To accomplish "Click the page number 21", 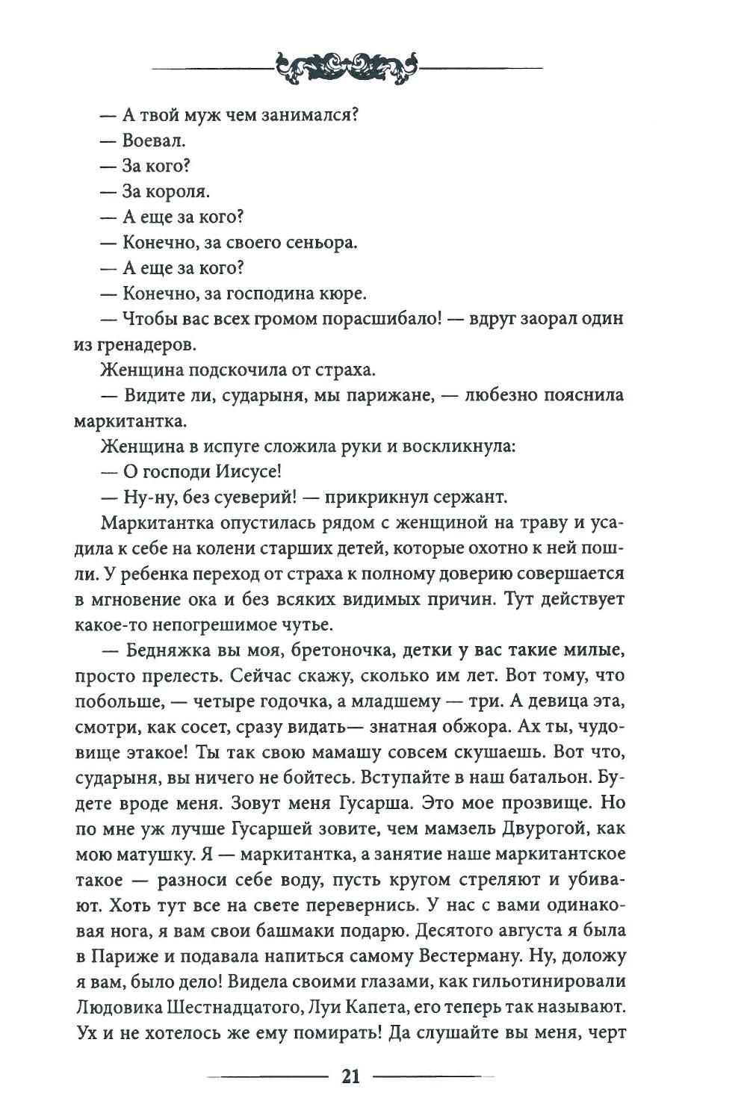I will click(351, 1076).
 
